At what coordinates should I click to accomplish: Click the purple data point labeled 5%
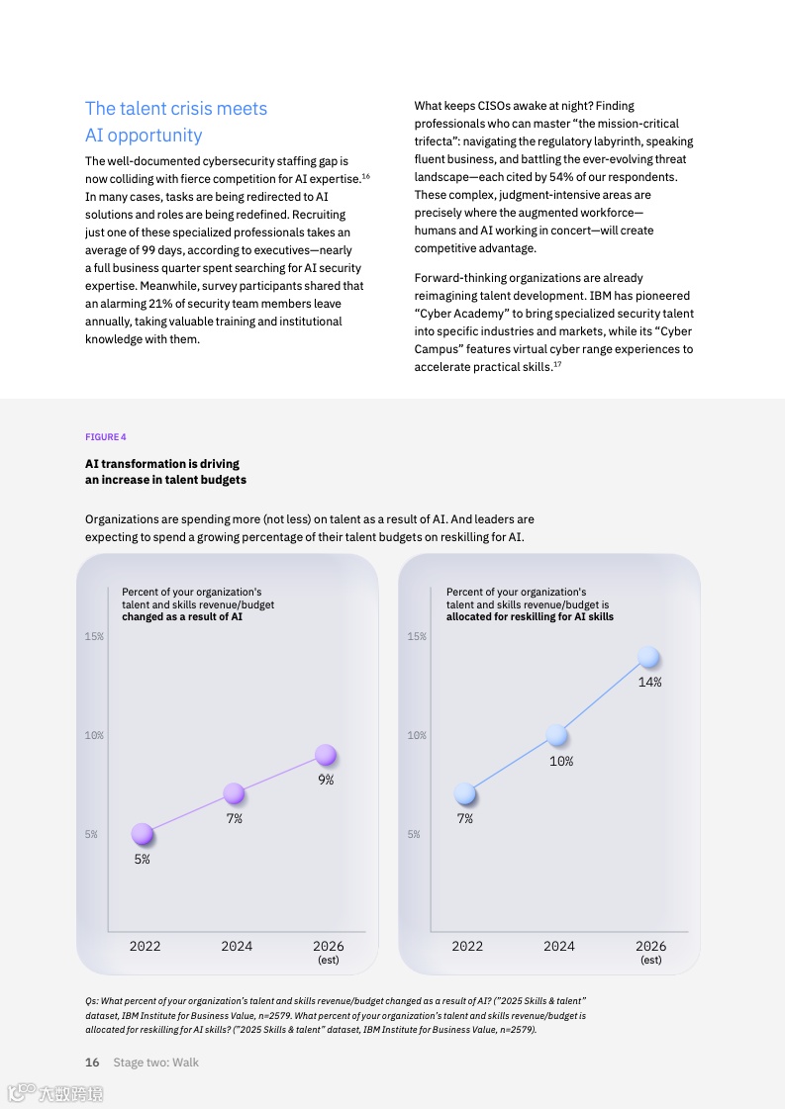point(143,834)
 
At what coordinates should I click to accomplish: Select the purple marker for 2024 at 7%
point(234,793)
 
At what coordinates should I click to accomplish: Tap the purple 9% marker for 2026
point(326,756)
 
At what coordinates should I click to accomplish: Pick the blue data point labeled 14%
point(648,657)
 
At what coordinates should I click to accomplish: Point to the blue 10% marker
point(557,735)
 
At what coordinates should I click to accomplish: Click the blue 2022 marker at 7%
point(465,793)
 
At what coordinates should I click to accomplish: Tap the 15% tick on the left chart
point(94,637)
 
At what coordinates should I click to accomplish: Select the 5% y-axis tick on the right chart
point(417,835)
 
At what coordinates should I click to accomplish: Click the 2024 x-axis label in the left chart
point(237,947)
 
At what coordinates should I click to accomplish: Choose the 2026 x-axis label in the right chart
point(650,947)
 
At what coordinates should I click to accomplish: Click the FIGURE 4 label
point(106,437)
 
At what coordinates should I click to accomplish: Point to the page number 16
point(92,1063)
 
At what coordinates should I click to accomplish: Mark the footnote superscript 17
point(557,365)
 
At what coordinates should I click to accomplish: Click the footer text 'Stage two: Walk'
point(155,1063)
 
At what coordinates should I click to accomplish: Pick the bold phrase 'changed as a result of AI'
point(182,617)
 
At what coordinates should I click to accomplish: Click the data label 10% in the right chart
point(561,762)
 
